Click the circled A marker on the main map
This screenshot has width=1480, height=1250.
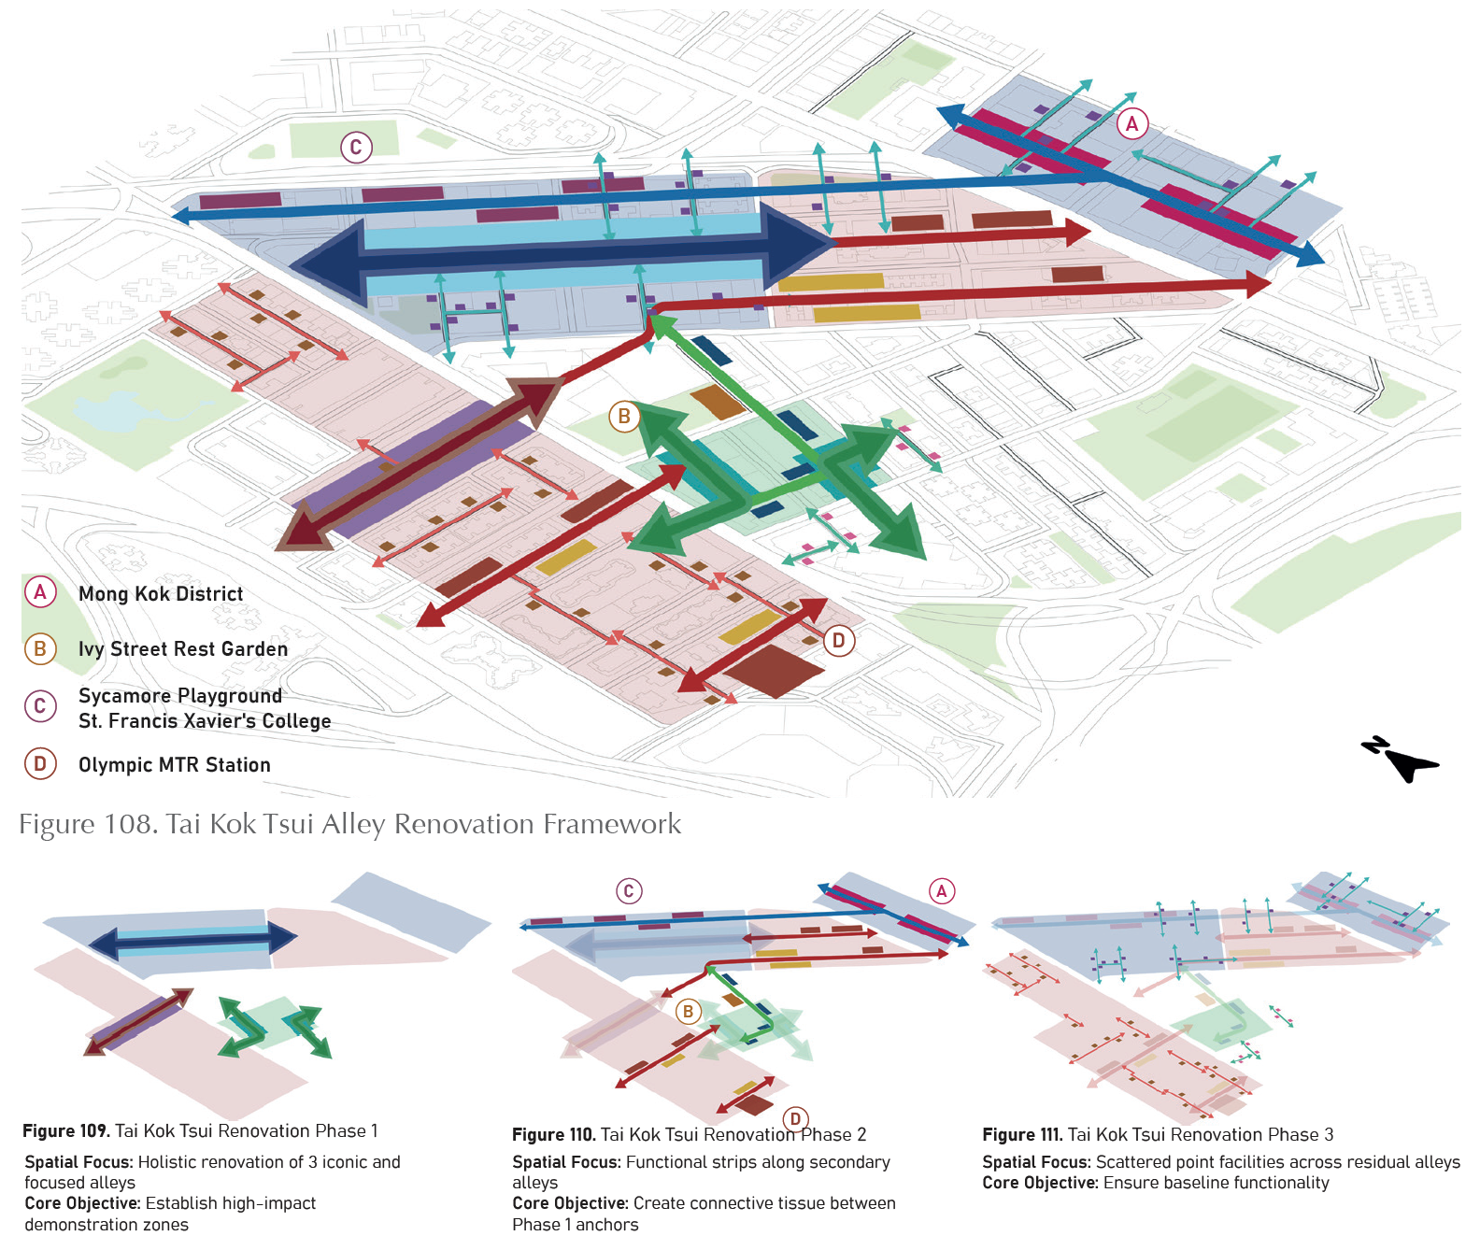tap(1132, 123)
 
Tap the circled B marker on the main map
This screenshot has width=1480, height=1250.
tap(624, 417)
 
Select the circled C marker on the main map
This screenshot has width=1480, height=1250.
tap(356, 147)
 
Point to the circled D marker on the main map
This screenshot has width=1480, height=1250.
tap(838, 640)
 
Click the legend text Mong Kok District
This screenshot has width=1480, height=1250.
tap(161, 594)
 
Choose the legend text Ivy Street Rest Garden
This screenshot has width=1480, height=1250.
tap(183, 649)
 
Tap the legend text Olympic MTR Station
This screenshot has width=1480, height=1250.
tap(175, 765)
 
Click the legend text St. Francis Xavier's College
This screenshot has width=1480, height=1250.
tap(205, 721)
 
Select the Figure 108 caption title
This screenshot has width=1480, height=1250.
tap(349, 824)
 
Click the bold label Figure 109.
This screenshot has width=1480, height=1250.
tap(65, 1131)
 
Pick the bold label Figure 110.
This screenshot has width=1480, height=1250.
tap(554, 1135)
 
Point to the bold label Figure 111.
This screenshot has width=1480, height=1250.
tap(1022, 1135)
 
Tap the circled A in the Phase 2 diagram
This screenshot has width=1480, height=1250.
tap(942, 891)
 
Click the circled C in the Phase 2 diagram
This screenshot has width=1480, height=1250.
tap(629, 891)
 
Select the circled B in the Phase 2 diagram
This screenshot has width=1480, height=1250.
tap(688, 1011)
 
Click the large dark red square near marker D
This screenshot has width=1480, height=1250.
tap(773, 670)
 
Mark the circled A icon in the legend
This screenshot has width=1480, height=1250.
tap(40, 591)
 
